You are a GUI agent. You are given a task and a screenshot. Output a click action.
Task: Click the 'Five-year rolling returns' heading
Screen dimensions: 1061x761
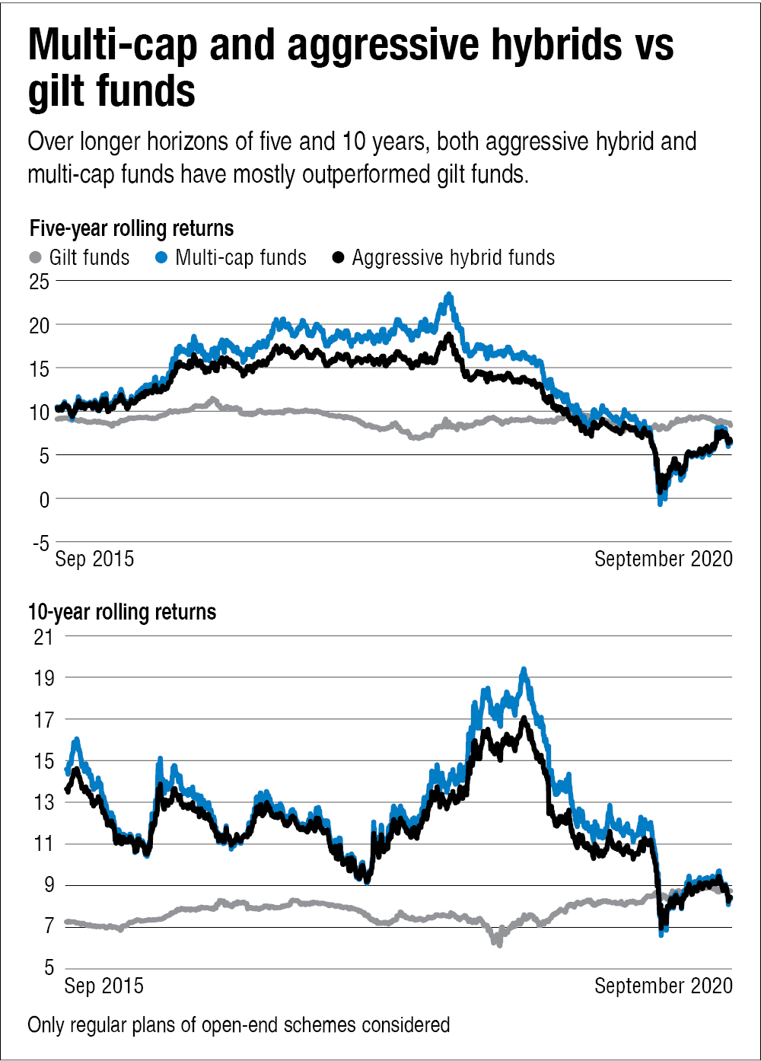[131, 228]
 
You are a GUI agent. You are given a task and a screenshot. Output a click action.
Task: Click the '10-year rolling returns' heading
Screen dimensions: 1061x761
[122, 612]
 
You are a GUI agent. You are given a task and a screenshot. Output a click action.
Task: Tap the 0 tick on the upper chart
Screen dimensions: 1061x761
[44, 499]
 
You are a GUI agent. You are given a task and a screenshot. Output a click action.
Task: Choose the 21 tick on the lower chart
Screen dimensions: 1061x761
[43, 636]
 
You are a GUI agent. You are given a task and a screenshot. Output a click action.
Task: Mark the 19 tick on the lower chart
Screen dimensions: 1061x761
[43, 677]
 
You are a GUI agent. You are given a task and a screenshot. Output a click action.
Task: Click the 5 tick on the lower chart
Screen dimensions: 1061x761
[47, 969]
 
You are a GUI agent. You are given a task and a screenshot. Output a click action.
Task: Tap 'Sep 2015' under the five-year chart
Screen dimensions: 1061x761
[95, 559]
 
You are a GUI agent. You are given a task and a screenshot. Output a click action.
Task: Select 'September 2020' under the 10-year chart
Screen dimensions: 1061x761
[663, 986]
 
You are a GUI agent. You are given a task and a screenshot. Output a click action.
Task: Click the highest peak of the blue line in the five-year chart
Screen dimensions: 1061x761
[449, 295]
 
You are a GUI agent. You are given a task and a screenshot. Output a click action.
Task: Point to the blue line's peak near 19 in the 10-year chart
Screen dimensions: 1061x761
[524, 670]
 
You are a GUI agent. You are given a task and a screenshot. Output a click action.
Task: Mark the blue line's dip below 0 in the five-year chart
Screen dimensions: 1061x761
[661, 502]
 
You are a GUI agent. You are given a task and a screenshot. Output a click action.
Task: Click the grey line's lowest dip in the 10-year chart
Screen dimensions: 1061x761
[499, 944]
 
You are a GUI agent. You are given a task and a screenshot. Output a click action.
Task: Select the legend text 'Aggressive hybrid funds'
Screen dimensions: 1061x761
[454, 258]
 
